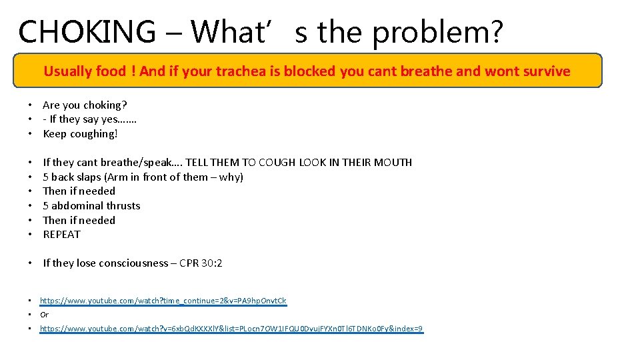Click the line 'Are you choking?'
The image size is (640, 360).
click(85, 105)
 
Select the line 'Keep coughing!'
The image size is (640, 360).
click(80, 133)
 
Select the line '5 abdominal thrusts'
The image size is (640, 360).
click(91, 205)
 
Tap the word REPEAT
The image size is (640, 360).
click(61, 234)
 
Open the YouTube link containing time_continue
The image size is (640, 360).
click(163, 301)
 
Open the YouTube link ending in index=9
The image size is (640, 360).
click(231, 329)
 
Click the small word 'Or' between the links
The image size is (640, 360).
click(45, 315)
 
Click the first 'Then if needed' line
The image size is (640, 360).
click(79, 191)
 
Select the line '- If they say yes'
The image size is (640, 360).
click(89, 119)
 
